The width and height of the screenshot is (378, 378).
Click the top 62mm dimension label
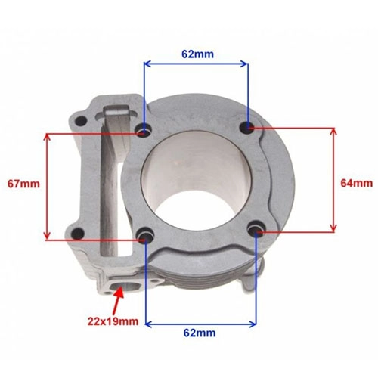[x=197, y=54]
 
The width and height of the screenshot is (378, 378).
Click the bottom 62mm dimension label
[x=200, y=333]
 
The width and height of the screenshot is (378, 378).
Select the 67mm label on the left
[x=23, y=184]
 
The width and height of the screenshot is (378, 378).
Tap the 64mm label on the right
[x=357, y=183]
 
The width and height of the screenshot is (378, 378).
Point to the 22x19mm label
[x=113, y=321]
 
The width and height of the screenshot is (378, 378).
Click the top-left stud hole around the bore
[x=144, y=131]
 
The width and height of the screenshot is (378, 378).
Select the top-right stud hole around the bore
[x=248, y=127]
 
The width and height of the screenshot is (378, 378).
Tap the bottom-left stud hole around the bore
[x=145, y=235]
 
